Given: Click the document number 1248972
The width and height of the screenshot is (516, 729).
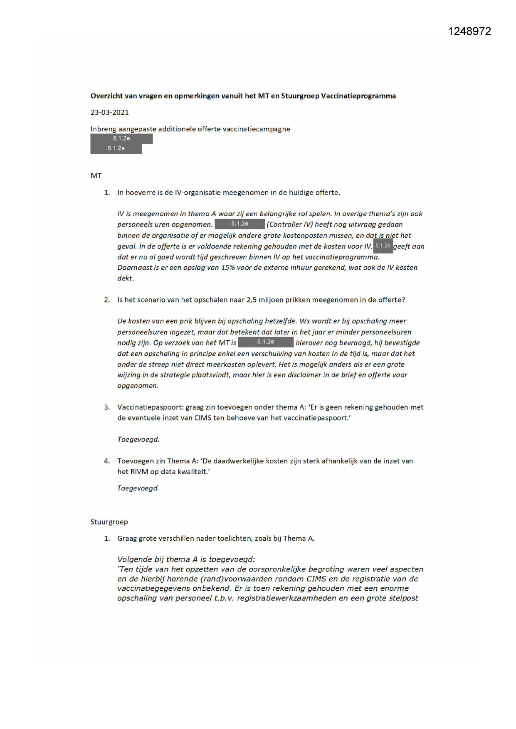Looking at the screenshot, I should click(x=469, y=32).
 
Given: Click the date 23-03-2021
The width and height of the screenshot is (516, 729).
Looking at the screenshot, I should click(x=110, y=112).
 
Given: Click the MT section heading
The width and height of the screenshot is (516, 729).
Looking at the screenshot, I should click(x=96, y=176).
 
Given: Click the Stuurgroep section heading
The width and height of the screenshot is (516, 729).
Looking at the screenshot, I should click(x=109, y=522).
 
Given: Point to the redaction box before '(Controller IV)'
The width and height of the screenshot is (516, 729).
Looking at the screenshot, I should click(x=239, y=224).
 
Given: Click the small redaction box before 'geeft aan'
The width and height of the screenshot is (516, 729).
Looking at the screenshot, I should click(x=383, y=246).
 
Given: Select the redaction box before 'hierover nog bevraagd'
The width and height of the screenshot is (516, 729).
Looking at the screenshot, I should click(x=266, y=342).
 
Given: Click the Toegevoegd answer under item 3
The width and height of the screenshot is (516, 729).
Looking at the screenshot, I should click(x=138, y=439).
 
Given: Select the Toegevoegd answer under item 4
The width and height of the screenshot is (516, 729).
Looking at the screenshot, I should click(x=138, y=488).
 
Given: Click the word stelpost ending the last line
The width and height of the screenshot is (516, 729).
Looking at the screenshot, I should click(x=403, y=598).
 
